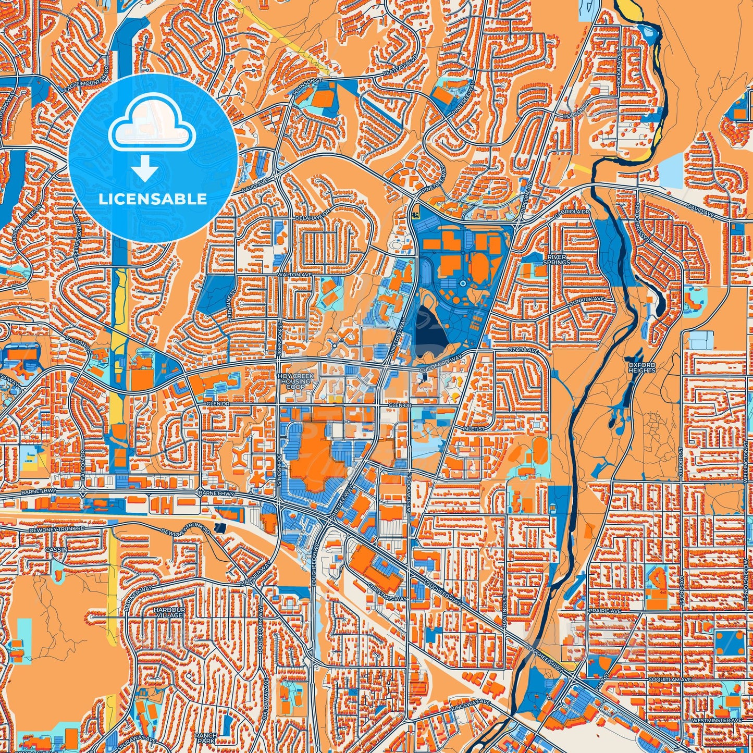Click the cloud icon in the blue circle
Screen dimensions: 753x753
point(152,129)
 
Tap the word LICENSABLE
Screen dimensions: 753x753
point(153,199)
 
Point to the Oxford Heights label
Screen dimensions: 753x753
point(641,367)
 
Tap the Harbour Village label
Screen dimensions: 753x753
point(168,612)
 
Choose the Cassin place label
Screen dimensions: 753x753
point(56,550)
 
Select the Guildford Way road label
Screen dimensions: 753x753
point(440,365)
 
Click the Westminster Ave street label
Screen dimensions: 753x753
point(715,720)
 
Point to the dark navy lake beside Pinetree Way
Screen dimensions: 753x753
point(430,326)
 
